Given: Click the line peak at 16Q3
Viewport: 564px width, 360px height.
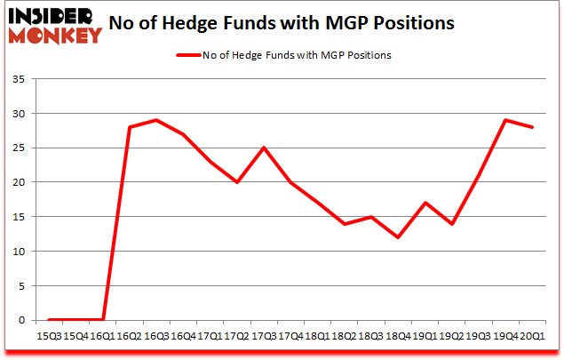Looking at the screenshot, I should coord(156,120).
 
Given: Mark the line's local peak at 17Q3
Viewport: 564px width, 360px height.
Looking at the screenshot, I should coord(263,148).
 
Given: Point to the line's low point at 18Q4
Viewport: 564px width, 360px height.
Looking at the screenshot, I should coord(397,237).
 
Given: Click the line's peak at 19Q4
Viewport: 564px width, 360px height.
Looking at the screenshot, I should coord(504,120).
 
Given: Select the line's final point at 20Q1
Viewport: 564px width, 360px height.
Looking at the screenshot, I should coord(531,127).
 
